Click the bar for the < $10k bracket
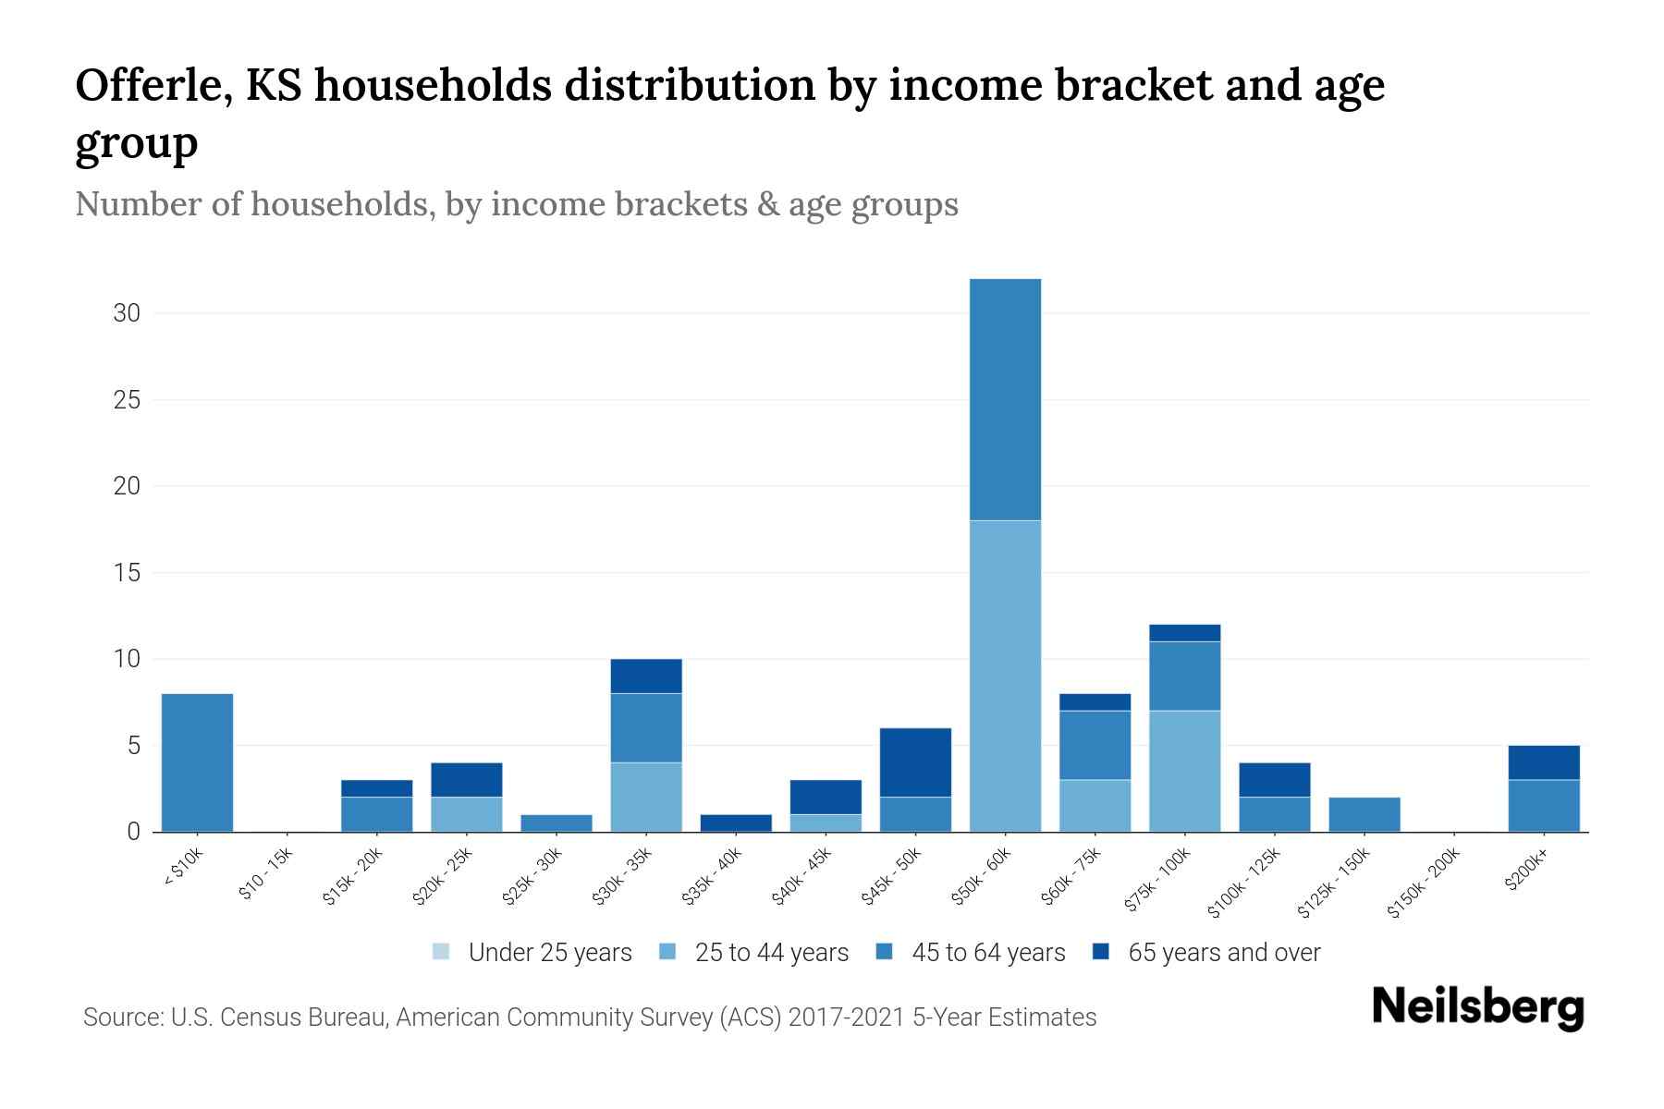(x=197, y=762)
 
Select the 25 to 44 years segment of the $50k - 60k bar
(x=1005, y=676)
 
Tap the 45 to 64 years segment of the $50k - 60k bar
(x=1005, y=399)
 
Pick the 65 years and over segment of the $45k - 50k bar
(x=915, y=762)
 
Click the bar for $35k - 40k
(x=736, y=823)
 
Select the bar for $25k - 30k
(x=557, y=823)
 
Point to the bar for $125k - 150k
(x=1364, y=814)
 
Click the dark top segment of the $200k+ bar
(x=1543, y=762)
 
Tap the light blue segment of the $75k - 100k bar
(x=1184, y=771)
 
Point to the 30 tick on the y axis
(x=127, y=313)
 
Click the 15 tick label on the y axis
(x=127, y=573)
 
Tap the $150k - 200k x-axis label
(x=1425, y=883)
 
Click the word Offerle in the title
(x=153, y=85)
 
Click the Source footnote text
(x=589, y=1018)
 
